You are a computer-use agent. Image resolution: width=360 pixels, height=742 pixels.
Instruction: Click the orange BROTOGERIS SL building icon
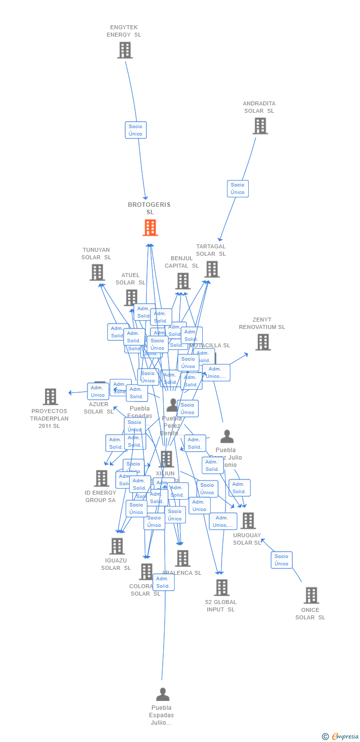coord(150,228)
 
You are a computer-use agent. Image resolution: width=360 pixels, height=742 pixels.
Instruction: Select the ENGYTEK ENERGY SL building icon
coord(125,50)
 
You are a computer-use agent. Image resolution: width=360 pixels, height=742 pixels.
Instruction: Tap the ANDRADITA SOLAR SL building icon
coord(260,126)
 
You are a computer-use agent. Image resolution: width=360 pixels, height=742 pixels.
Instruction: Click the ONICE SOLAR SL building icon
coord(311,596)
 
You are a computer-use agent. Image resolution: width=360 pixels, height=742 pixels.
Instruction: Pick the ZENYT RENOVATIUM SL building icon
coord(263,342)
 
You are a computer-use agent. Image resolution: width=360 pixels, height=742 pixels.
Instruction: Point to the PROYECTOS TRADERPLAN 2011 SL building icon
coord(50,397)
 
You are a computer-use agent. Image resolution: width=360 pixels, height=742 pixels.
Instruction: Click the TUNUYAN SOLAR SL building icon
coord(97,272)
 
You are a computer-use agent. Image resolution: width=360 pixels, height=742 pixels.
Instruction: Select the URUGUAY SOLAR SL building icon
coord(247,520)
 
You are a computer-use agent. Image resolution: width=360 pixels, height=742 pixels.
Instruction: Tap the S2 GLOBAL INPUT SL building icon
coord(221,588)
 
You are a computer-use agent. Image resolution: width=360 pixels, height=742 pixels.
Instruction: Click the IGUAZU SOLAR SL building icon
coord(117,546)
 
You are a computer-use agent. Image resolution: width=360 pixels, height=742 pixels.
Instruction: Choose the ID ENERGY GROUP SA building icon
coord(101,478)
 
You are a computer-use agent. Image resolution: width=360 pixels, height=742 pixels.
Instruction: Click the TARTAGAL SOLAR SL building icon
coord(212,269)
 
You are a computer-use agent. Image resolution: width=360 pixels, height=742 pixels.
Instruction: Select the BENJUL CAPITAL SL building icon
coord(182,281)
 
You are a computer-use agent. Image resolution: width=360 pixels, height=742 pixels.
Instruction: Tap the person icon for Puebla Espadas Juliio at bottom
coord(162,695)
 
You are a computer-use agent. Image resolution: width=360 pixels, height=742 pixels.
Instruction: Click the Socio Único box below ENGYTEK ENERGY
coord(135,130)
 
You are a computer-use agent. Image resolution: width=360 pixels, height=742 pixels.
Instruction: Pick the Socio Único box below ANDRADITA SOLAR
coord(238,188)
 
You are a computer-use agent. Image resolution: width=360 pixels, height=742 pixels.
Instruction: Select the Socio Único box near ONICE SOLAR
coord(281,560)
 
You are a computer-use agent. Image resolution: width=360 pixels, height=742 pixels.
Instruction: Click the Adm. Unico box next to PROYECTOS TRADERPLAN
coord(98,391)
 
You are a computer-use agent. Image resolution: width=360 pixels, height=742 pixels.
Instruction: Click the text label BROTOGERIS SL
coord(149,208)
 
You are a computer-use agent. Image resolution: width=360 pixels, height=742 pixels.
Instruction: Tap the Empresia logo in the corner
coord(341,737)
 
